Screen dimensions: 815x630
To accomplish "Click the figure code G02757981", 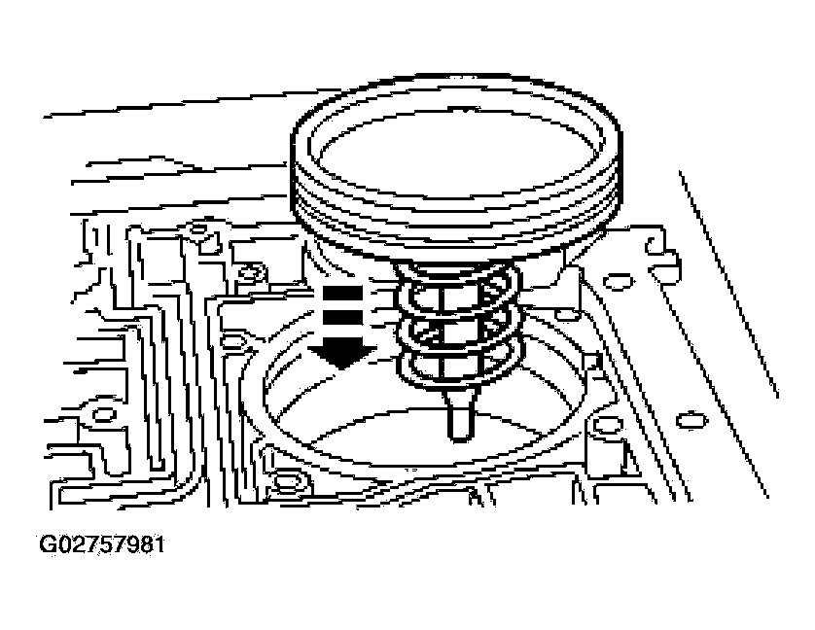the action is coord(102,544).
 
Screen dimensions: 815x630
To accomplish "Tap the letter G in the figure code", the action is coord(48,544).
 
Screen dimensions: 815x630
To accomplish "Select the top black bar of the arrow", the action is coord(342,293).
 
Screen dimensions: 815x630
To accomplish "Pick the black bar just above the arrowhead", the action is coord(342,318).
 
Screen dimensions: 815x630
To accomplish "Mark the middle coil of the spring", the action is coord(457,331).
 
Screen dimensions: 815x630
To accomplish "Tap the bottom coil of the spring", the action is coord(457,367).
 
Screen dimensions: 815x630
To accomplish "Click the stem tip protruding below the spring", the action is coord(461,416).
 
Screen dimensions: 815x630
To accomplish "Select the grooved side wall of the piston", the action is coord(455,208).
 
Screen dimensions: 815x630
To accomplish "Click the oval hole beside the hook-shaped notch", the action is coord(618,282).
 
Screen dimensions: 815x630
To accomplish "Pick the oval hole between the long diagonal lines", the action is coord(691,420).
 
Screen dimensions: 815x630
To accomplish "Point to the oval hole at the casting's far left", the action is coord(104,414).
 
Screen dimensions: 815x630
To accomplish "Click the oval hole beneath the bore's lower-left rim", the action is coord(288,481).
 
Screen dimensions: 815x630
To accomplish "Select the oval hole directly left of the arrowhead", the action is coord(232,341).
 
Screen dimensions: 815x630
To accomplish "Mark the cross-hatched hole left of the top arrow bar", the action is coord(252,272).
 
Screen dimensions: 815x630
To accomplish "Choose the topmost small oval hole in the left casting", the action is coord(199,228).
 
